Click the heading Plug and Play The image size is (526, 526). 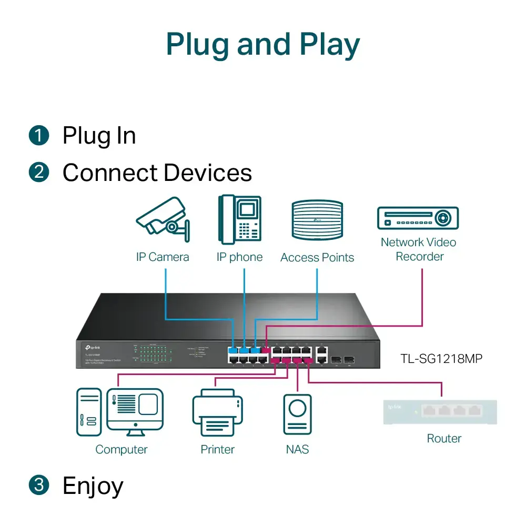(x=263, y=45)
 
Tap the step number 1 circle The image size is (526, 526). (x=38, y=136)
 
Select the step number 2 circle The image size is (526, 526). (x=38, y=173)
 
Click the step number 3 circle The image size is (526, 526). (x=38, y=485)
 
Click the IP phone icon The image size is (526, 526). (x=240, y=219)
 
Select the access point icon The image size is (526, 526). (x=317, y=220)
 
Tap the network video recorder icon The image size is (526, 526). (x=418, y=218)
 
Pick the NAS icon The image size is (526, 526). (x=297, y=414)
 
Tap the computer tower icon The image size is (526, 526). (x=88, y=412)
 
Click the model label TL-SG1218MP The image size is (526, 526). (x=441, y=359)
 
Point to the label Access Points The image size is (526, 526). (x=317, y=258)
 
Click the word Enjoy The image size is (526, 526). (x=93, y=485)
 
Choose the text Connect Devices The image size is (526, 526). (x=157, y=173)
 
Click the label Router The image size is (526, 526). (x=444, y=439)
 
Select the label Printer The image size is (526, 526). (x=217, y=450)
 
